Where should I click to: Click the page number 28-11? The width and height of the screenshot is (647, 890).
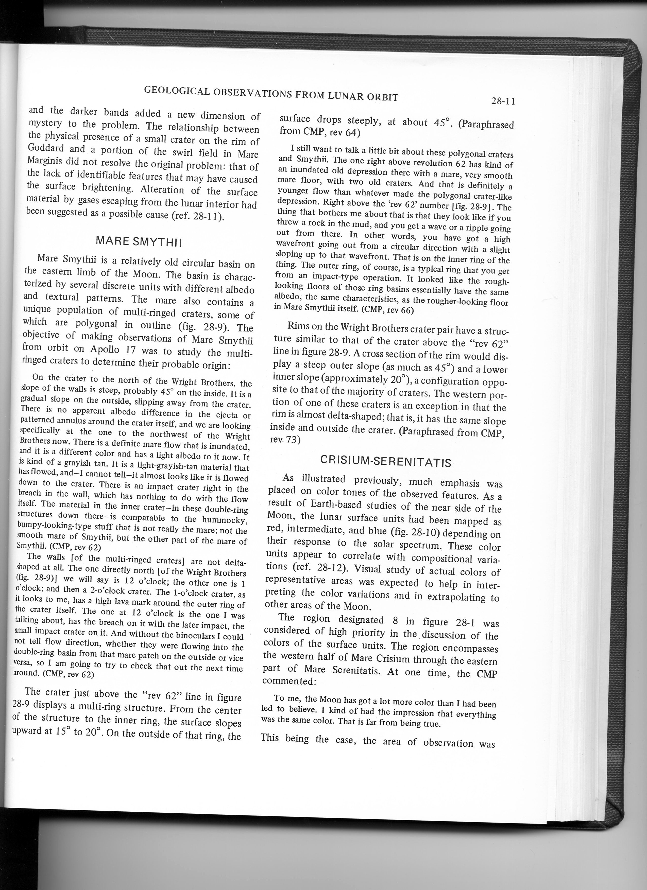click(x=503, y=101)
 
